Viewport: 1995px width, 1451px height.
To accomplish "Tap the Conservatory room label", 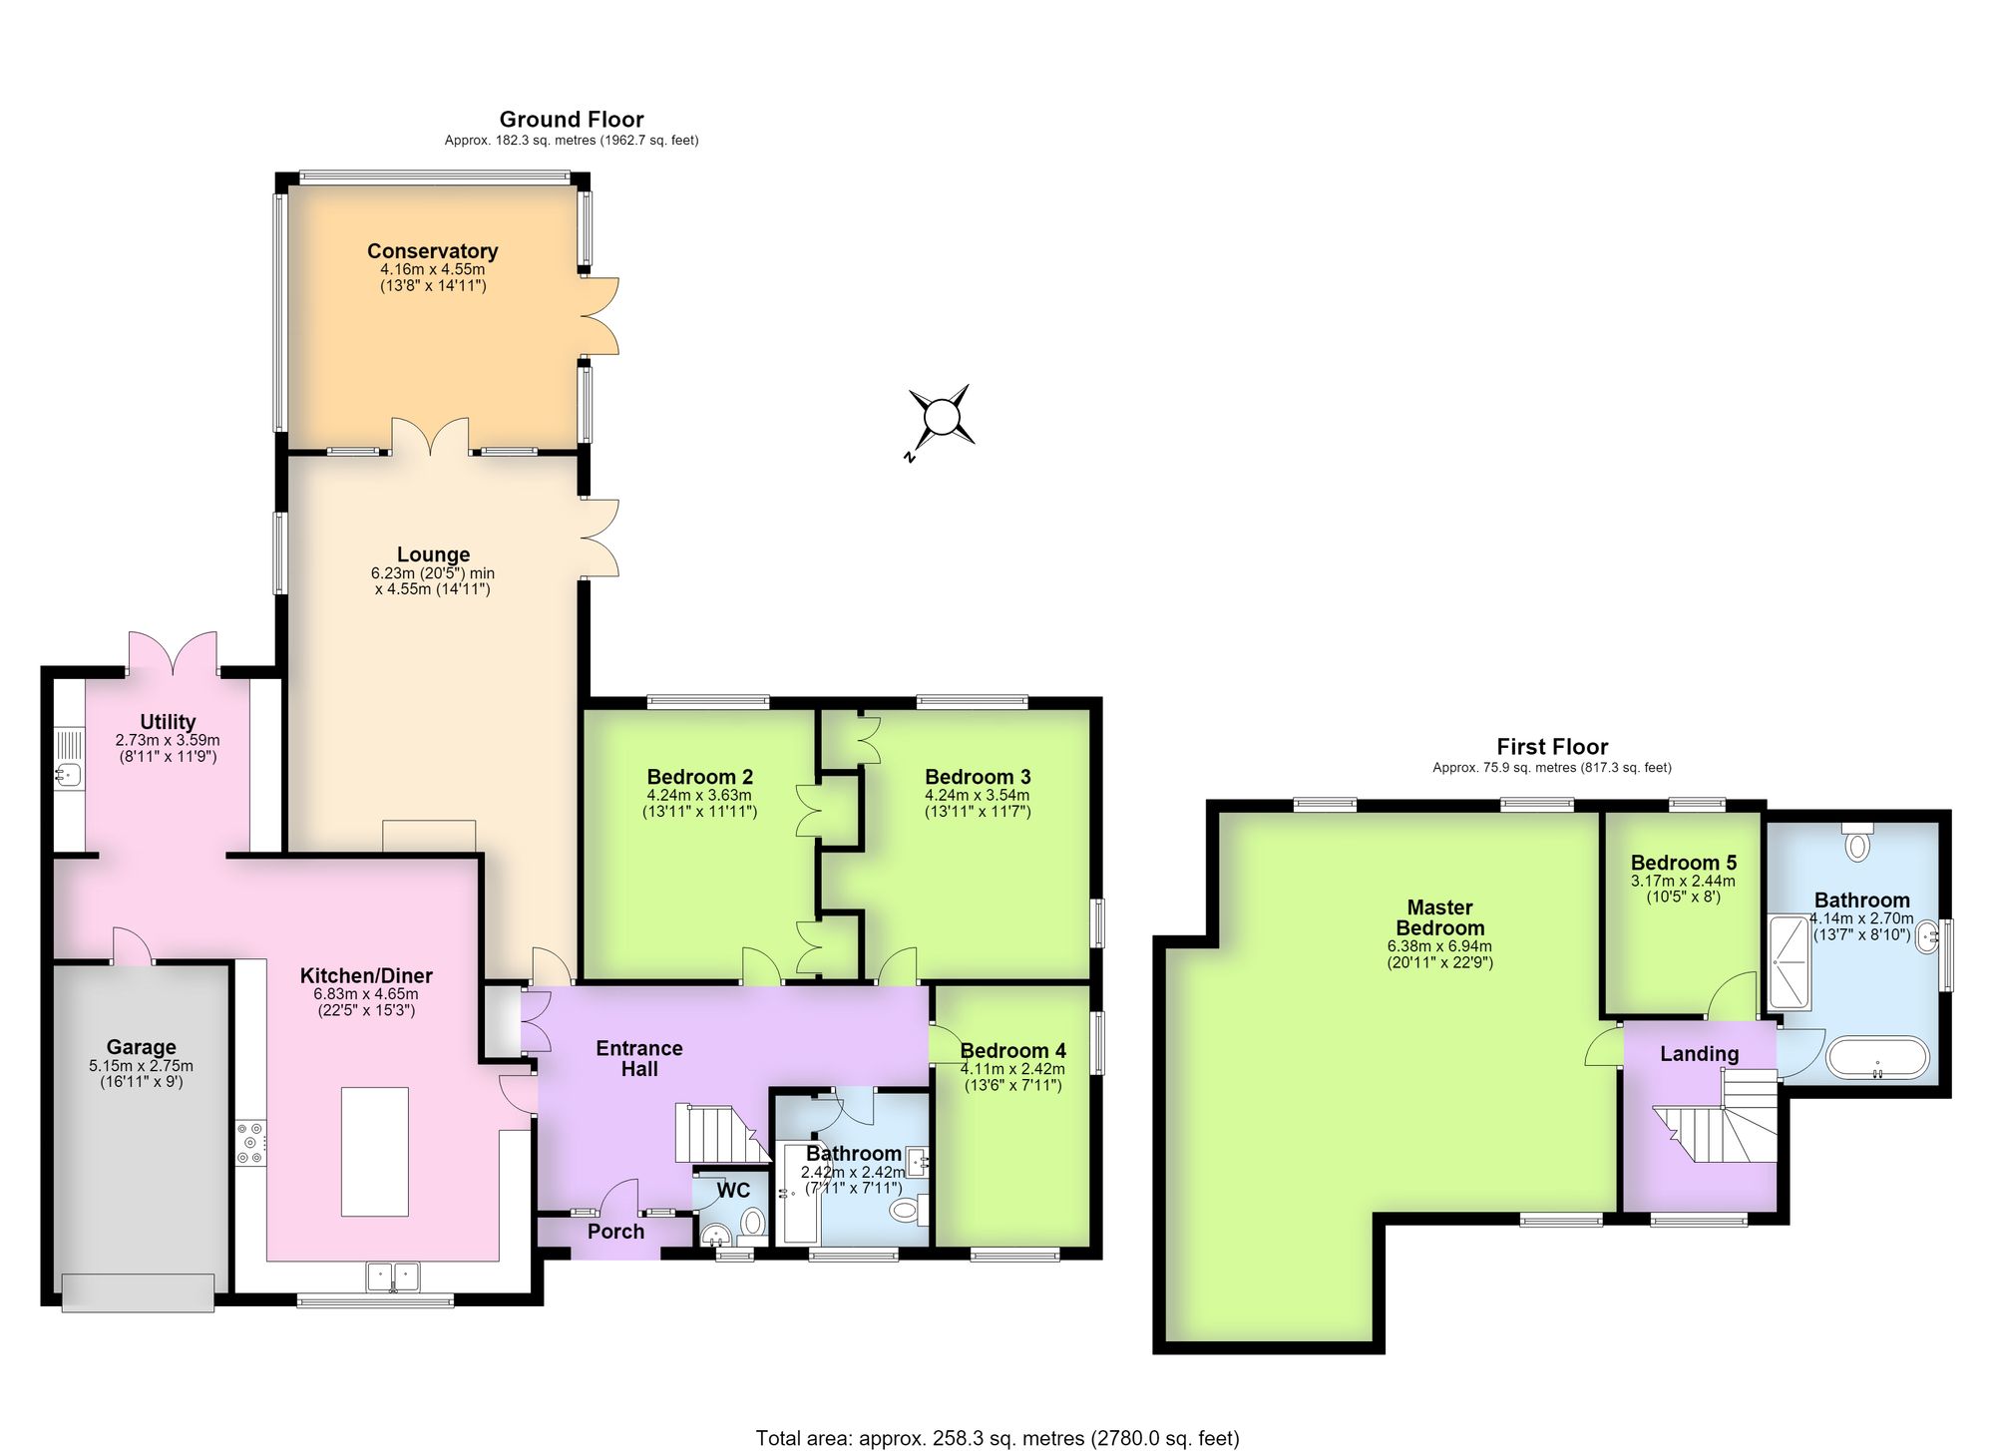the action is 432,251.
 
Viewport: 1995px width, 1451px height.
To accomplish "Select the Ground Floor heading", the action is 572,120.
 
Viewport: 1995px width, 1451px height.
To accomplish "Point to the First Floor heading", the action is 1552,746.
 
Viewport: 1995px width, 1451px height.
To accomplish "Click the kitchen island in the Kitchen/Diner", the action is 374,1151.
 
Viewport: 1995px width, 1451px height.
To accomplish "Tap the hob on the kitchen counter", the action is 250,1142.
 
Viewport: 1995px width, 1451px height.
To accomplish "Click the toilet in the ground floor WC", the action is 753,1222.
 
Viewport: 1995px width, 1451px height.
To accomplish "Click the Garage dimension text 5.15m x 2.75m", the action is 141,1065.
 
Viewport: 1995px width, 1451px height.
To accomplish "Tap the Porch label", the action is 615,1232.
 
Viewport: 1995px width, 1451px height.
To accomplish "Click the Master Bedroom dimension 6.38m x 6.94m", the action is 1439,946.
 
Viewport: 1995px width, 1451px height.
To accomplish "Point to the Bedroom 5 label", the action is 1683,863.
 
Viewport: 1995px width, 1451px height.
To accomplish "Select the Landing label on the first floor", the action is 1699,1054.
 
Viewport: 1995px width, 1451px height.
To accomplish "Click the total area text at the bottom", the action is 997,1438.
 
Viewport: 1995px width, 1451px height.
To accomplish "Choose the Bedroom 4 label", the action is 1012,1050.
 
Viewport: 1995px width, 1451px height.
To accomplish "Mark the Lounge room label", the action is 433,554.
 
